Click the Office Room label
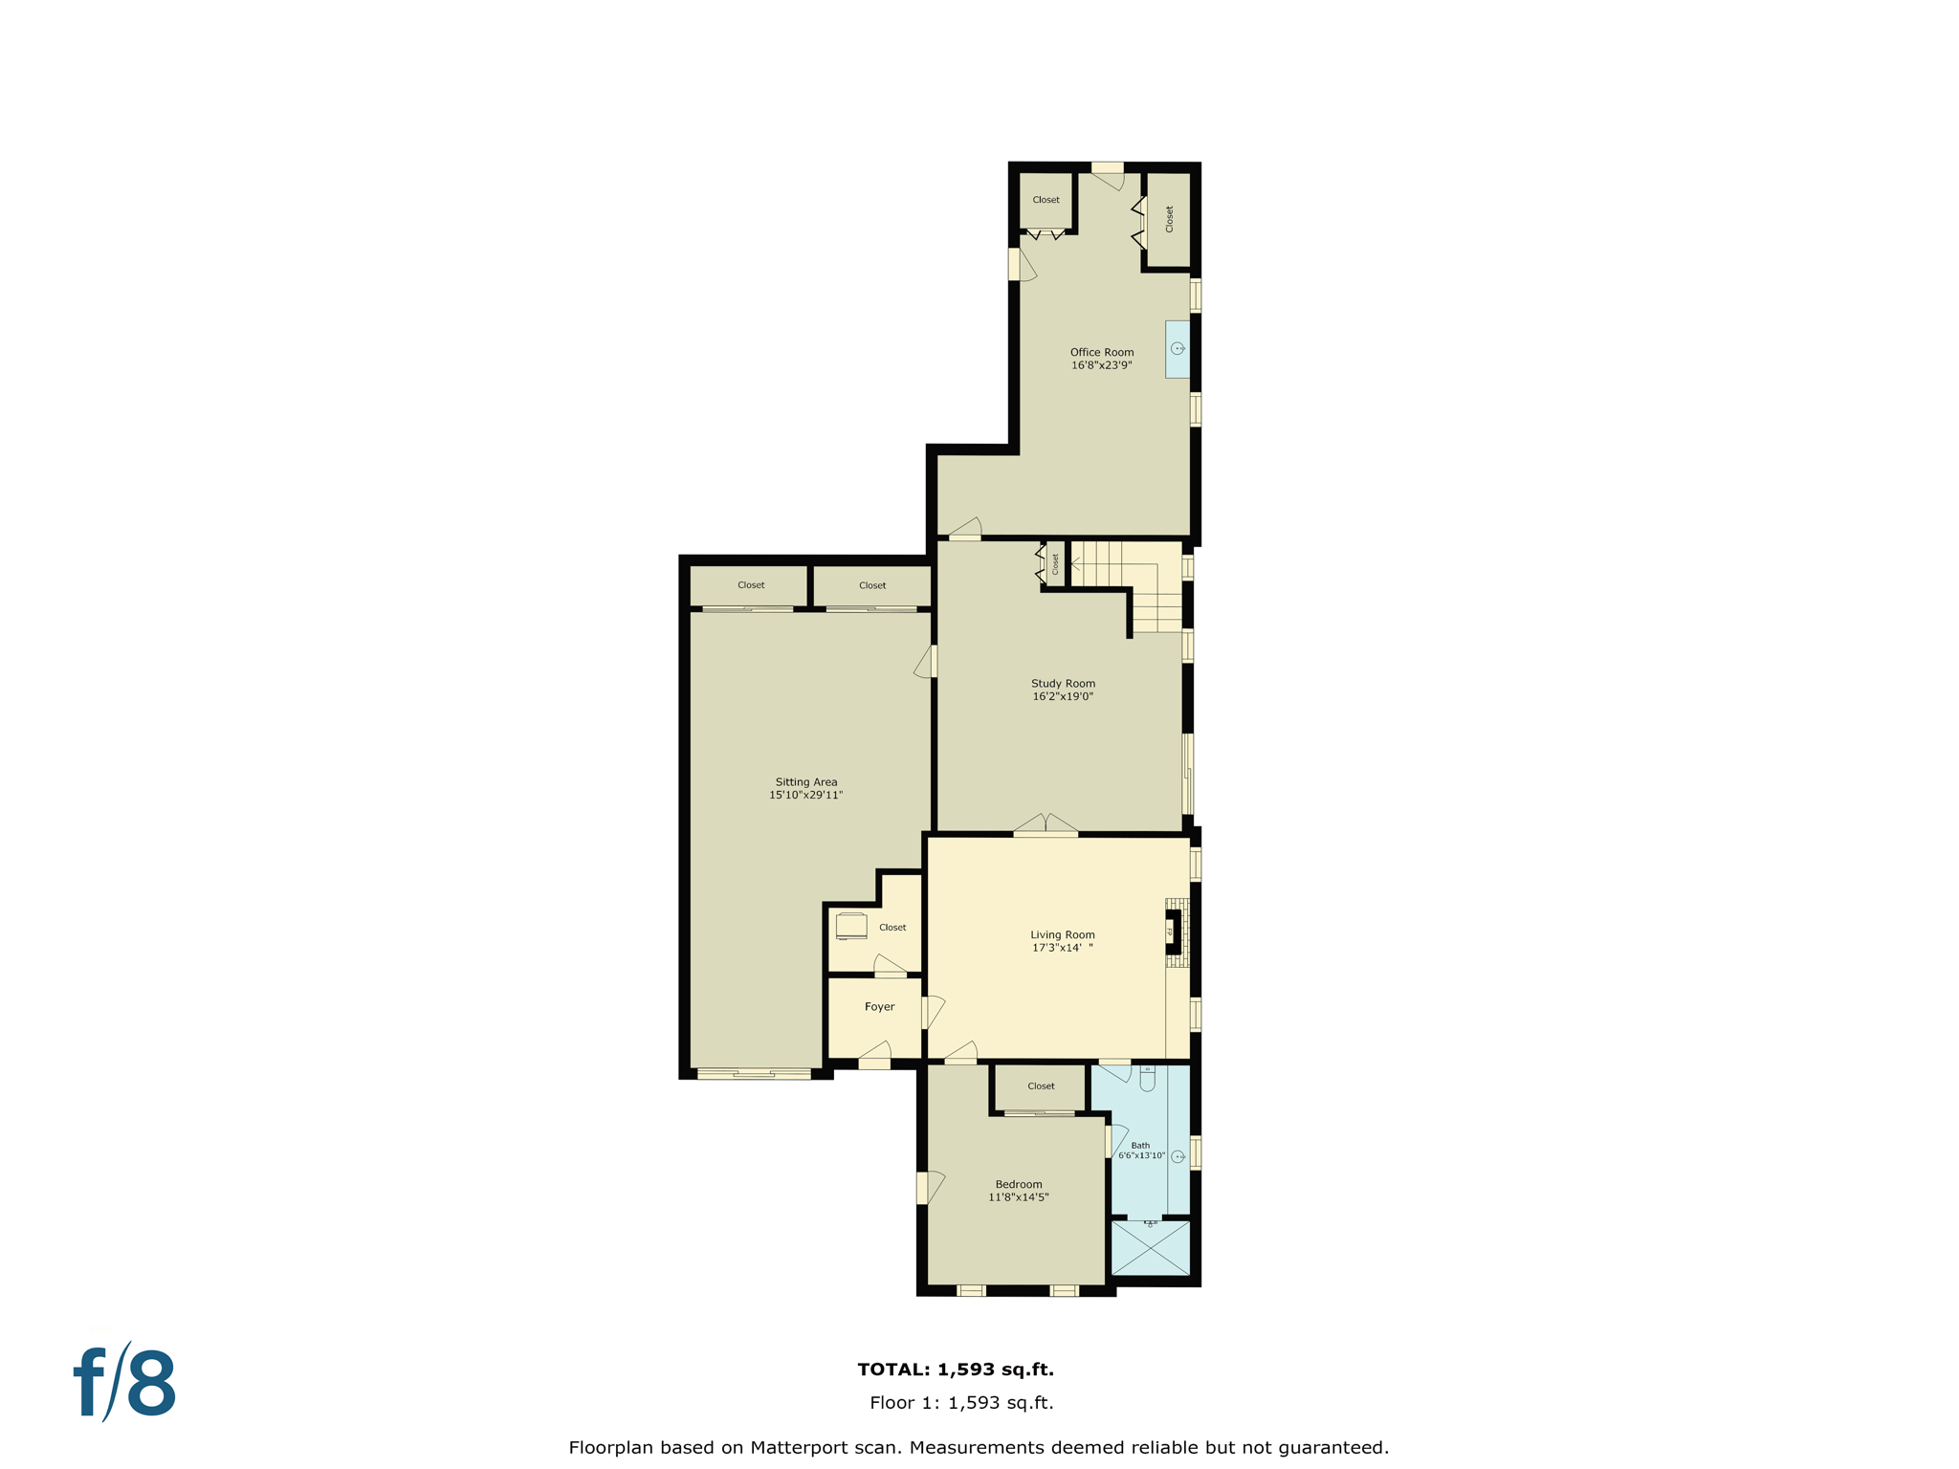(x=1101, y=352)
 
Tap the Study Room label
(x=1063, y=683)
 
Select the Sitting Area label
(x=805, y=781)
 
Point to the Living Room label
(x=1062, y=934)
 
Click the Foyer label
(x=879, y=1006)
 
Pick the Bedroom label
(x=1018, y=1184)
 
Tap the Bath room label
(x=1140, y=1145)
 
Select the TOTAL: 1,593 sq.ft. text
(x=955, y=1369)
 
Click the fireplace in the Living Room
(x=1176, y=932)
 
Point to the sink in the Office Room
(x=1178, y=349)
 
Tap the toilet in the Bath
(x=1147, y=1078)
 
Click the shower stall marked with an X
(x=1151, y=1248)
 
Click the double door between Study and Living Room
(x=1046, y=825)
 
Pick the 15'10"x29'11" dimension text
(x=805, y=795)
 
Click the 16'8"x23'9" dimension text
(x=1101, y=365)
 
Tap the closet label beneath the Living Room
(x=1041, y=1085)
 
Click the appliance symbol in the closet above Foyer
(x=850, y=926)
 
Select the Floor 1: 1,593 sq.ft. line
(x=960, y=1403)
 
